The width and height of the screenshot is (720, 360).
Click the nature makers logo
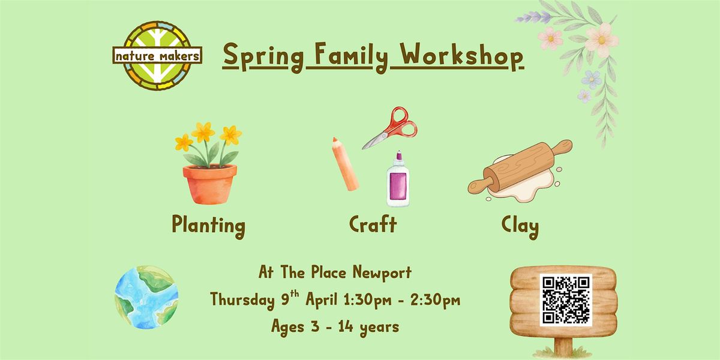pos(157,56)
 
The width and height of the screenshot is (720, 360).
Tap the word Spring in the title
pos(263,57)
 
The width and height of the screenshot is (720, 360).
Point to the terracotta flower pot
pos(210,184)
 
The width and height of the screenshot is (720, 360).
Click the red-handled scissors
pos(390,128)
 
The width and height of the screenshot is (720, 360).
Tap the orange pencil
pos(345,164)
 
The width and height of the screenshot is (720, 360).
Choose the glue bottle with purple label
pos(398,179)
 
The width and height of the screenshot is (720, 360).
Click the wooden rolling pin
pos(520,167)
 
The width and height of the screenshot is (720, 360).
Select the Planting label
pos(209,226)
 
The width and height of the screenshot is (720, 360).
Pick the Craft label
pos(373,224)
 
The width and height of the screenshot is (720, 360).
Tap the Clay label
pos(520,227)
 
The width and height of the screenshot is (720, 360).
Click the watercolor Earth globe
pos(146,298)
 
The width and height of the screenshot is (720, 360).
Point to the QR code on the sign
pos(566,300)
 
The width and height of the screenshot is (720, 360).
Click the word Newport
pos(382,273)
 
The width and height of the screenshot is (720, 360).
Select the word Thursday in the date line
pos(242,299)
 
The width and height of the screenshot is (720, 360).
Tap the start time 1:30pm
pos(367,300)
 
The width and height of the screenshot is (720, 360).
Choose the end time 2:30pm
pos(435,300)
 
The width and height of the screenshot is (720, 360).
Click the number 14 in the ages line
pos(346,327)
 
